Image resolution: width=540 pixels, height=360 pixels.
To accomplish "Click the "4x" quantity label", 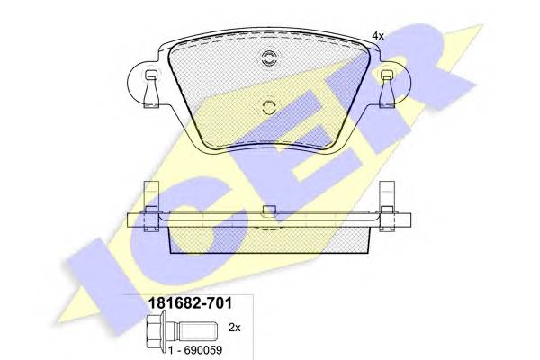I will [x=378, y=35].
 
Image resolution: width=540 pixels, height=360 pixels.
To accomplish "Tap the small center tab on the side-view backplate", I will [x=267, y=212].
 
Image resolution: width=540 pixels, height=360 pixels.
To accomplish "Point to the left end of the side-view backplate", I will [x=133, y=220].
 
